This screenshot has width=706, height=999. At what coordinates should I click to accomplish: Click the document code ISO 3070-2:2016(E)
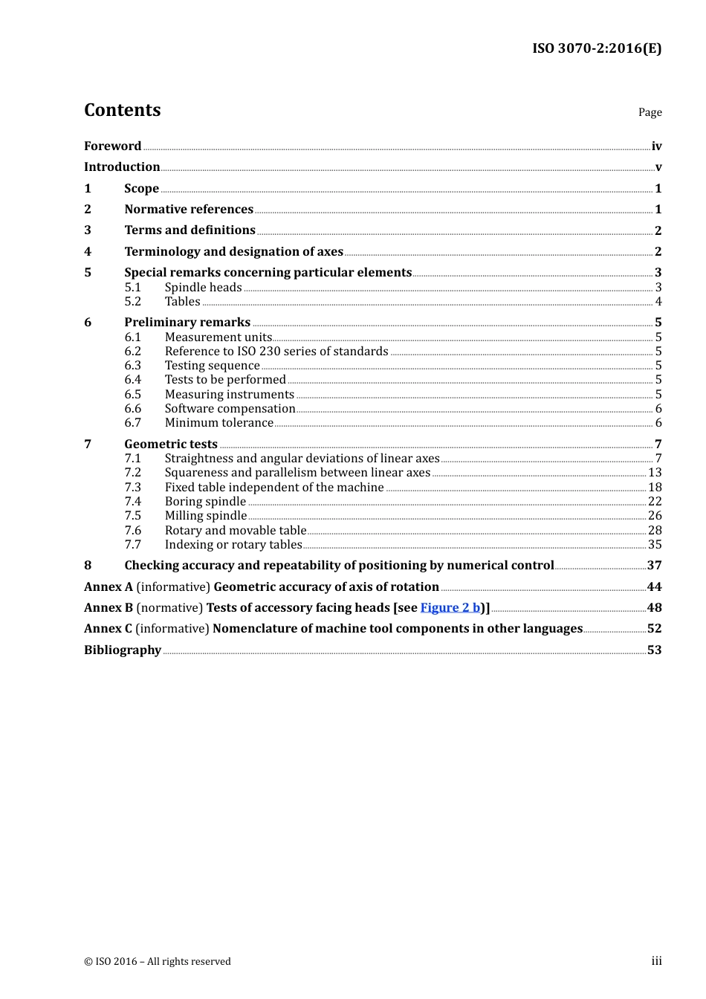[x=596, y=48]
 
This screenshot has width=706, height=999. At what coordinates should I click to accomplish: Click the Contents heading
[x=123, y=110]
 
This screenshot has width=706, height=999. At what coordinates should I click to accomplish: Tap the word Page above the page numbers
[x=650, y=112]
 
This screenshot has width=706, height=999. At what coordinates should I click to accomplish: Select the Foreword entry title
[x=112, y=146]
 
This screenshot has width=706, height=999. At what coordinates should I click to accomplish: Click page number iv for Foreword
[x=656, y=146]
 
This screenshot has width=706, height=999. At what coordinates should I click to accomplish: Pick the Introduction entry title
[x=122, y=167]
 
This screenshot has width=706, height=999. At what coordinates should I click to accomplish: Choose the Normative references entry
[x=189, y=210]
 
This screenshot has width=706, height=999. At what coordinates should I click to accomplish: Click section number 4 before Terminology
[x=88, y=252]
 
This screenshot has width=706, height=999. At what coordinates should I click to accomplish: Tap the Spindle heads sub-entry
[x=203, y=288]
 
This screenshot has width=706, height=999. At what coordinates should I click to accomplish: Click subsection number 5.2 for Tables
[x=133, y=302]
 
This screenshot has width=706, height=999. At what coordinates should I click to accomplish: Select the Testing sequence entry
[x=212, y=366]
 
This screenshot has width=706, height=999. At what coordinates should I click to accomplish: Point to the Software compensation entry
[x=230, y=409]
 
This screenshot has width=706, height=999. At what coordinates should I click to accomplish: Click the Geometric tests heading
[x=171, y=444]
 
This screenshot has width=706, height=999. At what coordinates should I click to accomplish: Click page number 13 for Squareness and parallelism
[x=654, y=473]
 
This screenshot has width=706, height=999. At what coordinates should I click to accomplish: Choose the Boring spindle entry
[x=205, y=502]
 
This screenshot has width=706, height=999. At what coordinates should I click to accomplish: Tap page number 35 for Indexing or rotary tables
[x=654, y=545]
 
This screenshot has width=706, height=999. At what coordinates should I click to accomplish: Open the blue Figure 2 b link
[x=450, y=608]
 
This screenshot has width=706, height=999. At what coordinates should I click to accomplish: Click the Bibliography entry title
[x=123, y=650]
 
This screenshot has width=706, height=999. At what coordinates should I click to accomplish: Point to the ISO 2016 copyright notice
[x=158, y=961]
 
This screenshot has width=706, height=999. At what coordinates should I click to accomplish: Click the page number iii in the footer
[x=656, y=961]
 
